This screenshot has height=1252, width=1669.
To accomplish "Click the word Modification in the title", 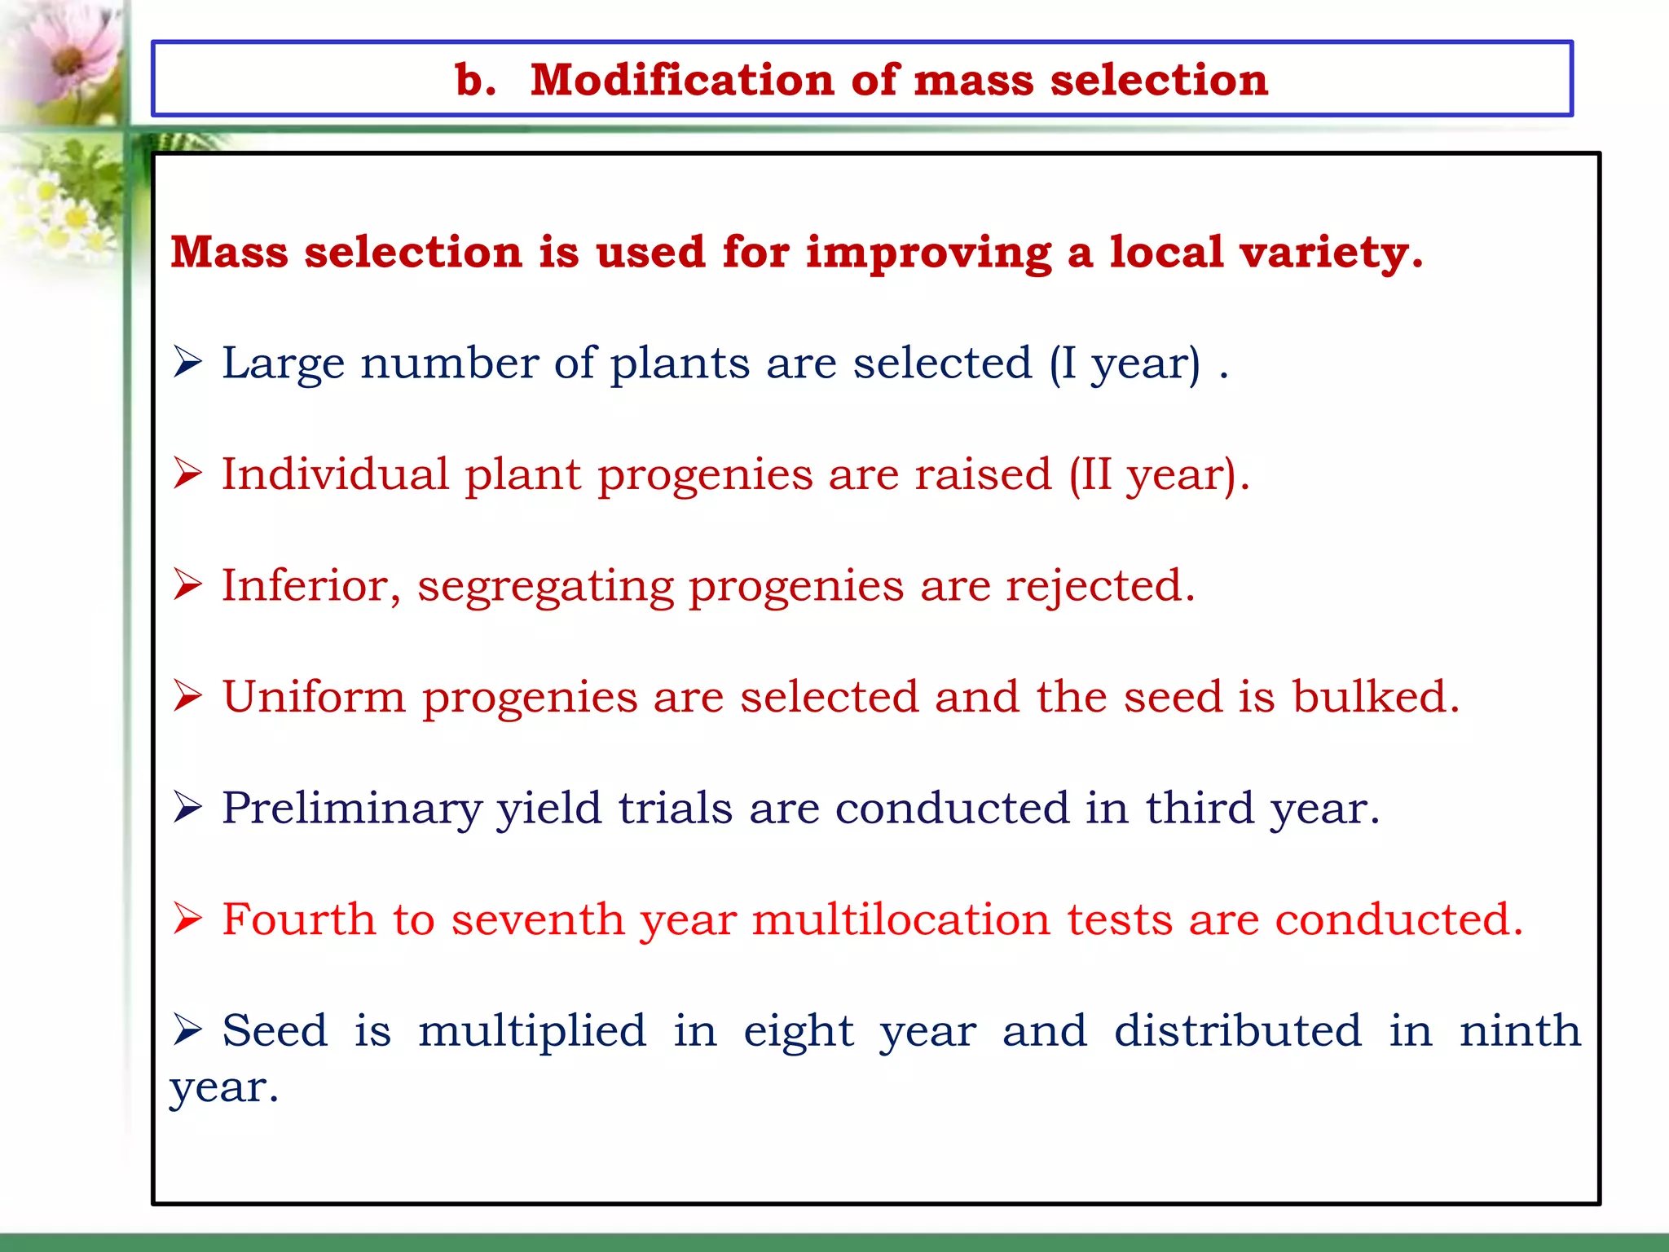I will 681,80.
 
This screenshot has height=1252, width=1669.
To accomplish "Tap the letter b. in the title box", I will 475,80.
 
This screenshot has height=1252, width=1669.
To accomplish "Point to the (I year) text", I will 1125,363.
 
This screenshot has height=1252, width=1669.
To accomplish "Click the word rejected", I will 1099,585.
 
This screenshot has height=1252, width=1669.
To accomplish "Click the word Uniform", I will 314,697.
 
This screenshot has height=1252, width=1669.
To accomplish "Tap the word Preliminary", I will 351,809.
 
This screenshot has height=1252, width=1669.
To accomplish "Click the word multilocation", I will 901,919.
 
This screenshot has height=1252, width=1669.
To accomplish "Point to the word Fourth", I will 298,919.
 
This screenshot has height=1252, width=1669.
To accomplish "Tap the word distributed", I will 1237,1030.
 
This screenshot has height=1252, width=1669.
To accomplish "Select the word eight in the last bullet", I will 798,1032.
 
